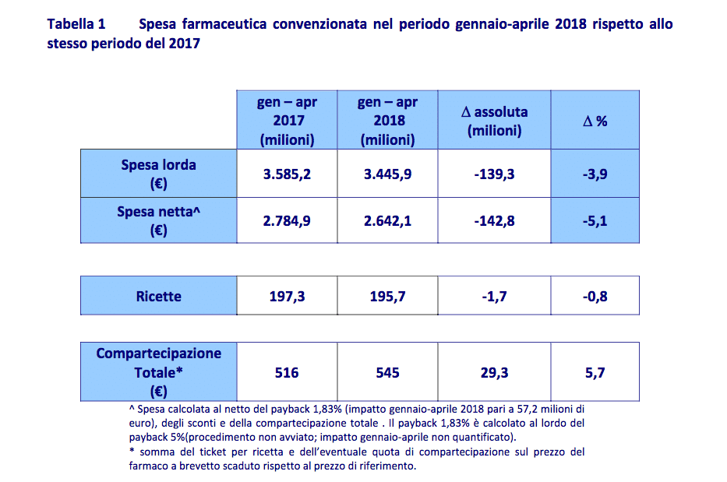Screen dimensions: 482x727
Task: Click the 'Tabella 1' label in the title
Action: (76, 24)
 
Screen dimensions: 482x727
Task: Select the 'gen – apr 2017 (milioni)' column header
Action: (287, 121)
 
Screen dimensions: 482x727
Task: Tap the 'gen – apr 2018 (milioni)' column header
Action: (387, 121)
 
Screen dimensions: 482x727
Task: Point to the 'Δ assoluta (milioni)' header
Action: (494, 121)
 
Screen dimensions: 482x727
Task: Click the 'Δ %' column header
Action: (595, 121)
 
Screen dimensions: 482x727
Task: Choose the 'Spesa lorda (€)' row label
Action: (158, 174)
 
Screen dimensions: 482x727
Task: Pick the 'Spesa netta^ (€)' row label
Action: (158, 220)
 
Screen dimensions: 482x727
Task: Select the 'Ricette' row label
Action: (158, 296)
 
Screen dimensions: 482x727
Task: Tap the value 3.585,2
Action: (287, 174)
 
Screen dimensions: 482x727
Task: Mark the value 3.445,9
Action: (387, 174)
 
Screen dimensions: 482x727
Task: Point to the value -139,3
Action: (494, 174)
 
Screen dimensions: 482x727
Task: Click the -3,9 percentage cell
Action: (595, 174)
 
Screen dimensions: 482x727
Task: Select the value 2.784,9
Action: (287, 221)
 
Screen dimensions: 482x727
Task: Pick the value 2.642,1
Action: (387, 221)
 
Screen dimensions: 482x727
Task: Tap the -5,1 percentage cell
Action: (595, 221)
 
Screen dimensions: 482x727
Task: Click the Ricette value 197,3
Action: (287, 296)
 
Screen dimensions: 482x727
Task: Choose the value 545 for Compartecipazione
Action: (387, 373)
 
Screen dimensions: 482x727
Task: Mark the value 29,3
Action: (494, 373)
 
